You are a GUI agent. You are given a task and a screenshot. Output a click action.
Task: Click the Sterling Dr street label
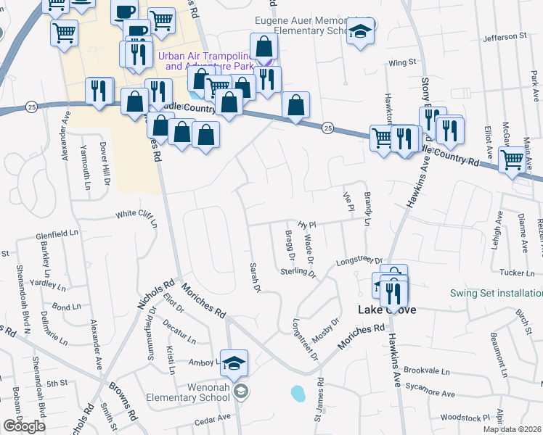(298, 273)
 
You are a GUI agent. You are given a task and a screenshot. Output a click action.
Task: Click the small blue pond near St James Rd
(298, 394)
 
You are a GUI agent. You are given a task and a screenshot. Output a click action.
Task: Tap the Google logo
(24, 426)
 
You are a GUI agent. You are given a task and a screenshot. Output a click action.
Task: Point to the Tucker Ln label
(518, 273)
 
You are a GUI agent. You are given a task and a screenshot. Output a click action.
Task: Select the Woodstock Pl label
(465, 418)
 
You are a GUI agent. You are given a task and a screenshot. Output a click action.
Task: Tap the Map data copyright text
(513, 429)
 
